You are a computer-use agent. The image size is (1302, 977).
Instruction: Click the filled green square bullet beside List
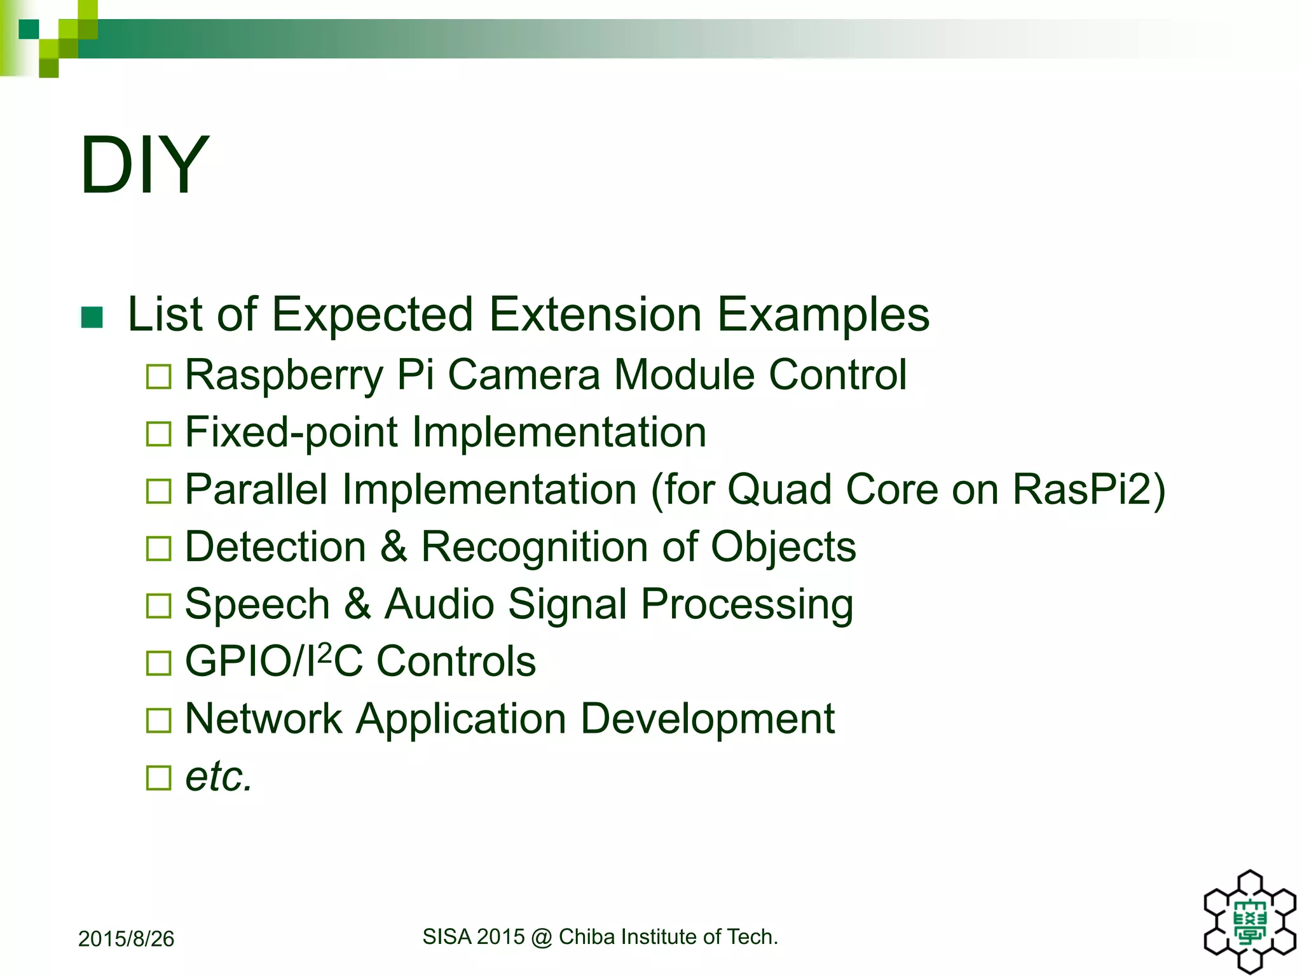point(92,317)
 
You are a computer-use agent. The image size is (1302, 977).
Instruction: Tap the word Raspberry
point(284,375)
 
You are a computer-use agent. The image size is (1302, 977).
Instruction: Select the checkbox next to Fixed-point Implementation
point(158,434)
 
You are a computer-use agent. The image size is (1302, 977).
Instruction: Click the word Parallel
point(256,490)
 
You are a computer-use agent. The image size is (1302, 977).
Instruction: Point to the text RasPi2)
point(1088,490)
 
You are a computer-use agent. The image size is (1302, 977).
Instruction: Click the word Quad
point(779,490)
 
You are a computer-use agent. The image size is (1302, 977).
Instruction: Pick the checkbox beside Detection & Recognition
point(158,548)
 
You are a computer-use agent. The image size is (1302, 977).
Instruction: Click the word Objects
point(783,547)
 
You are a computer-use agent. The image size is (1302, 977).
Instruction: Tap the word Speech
point(257,604)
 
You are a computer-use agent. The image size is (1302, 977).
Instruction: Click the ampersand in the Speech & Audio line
point(357,604)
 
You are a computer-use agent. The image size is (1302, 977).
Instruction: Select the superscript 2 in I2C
point(324,651)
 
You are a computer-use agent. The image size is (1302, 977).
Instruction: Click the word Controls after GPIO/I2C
point(456,662)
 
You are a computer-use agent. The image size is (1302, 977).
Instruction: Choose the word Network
point(263,719)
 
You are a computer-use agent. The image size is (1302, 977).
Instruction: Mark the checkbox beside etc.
point(158,777)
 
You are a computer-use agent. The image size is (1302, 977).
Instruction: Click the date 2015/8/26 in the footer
point(126,939)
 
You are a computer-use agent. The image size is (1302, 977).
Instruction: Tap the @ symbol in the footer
point(541,937)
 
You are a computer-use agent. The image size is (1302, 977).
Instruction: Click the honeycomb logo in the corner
point(1249,922)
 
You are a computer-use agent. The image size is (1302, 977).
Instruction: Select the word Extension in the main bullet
point(595,315)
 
